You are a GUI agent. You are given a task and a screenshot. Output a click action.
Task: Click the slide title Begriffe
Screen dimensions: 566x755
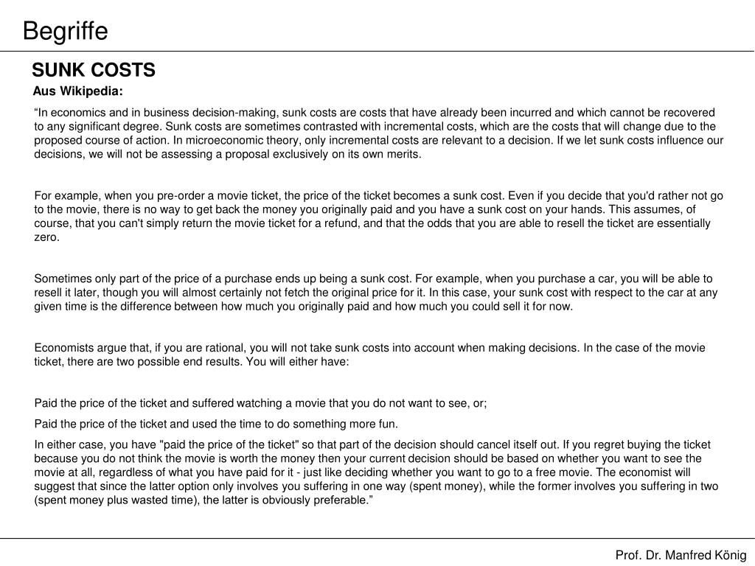(x=65, y=31)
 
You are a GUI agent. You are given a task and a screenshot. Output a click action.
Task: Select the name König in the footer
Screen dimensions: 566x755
(x=730, y=555)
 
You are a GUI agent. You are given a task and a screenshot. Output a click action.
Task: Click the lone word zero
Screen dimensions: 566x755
(x=46, y=237)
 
